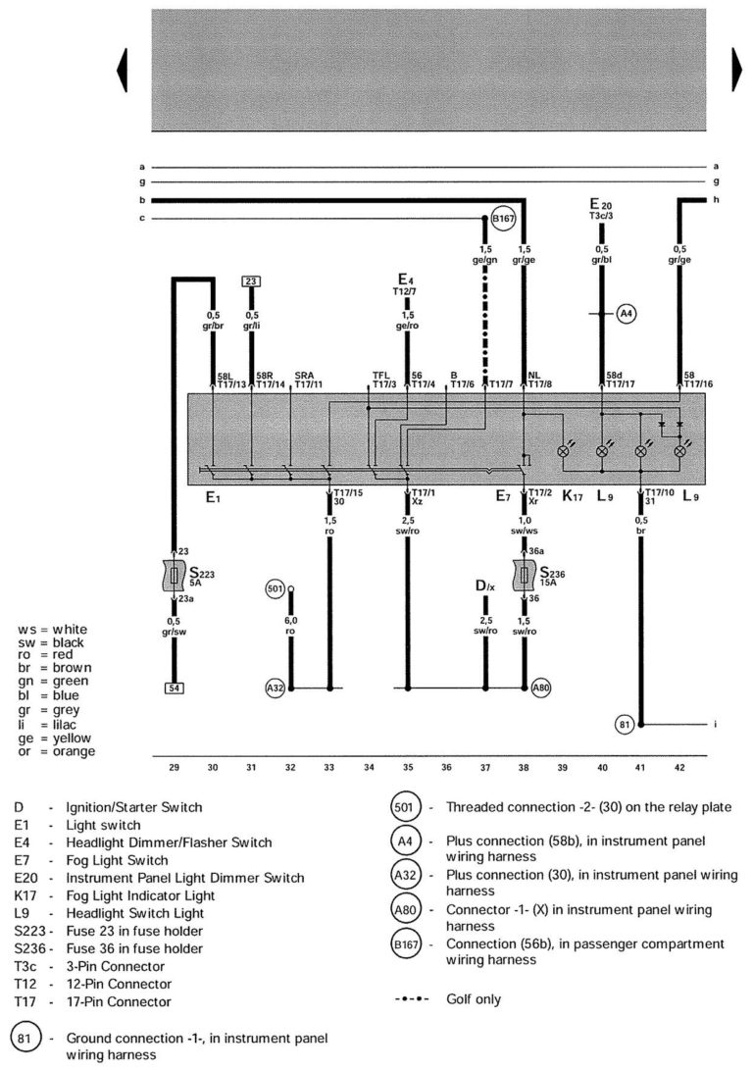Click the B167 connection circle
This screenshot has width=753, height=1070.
pyautogui.click(x=503, y=218)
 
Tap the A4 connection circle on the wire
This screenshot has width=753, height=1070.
pyautogui.click(x=627, y=315)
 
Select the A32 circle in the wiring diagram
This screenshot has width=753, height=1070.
pyautogui.click(x=276, y=688)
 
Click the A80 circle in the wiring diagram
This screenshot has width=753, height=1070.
pyautogui.click(x=541, y=688)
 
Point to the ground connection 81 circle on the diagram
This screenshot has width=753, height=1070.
pyautogui.click(x=624, y=725)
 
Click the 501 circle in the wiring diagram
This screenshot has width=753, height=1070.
pyautogui.click(x=275, y=588)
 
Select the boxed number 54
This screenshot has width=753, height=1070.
pyautogui.click(x=174, y=688)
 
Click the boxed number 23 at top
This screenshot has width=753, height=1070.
pyautogui.click(x=251, y=281)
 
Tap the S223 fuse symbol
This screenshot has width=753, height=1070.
pyautogui.click(x=175, y=576)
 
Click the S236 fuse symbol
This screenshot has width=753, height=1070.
pyautogui.click(x=525, y=576)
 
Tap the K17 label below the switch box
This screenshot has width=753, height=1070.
pyautogui.click(x=573, y=497)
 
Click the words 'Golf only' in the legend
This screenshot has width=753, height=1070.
pyautogui.click(x=474, y=999)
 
